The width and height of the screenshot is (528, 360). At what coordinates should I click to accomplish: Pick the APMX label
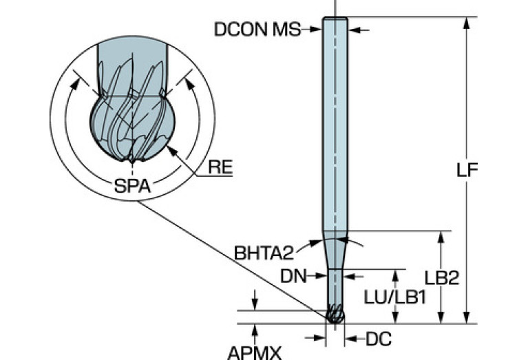pyautogui.click(x=254, y=352)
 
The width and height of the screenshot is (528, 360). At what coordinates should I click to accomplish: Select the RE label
pyautogui.click(x=219, y=166)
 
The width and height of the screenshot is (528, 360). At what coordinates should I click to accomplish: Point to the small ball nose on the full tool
pyautogui.click(x=335, y=315)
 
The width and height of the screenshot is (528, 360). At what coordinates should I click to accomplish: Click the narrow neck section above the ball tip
pyautogui.click(x=335, y=286)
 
